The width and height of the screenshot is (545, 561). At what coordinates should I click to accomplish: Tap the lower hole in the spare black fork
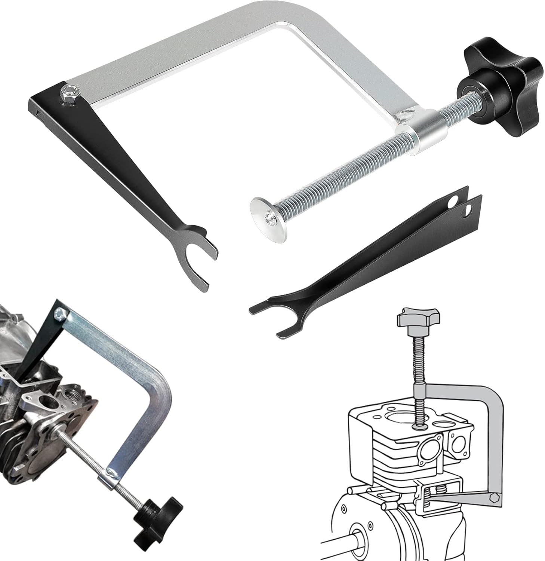coord(467,213)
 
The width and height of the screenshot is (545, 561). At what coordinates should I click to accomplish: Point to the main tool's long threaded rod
coord(344,176)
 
